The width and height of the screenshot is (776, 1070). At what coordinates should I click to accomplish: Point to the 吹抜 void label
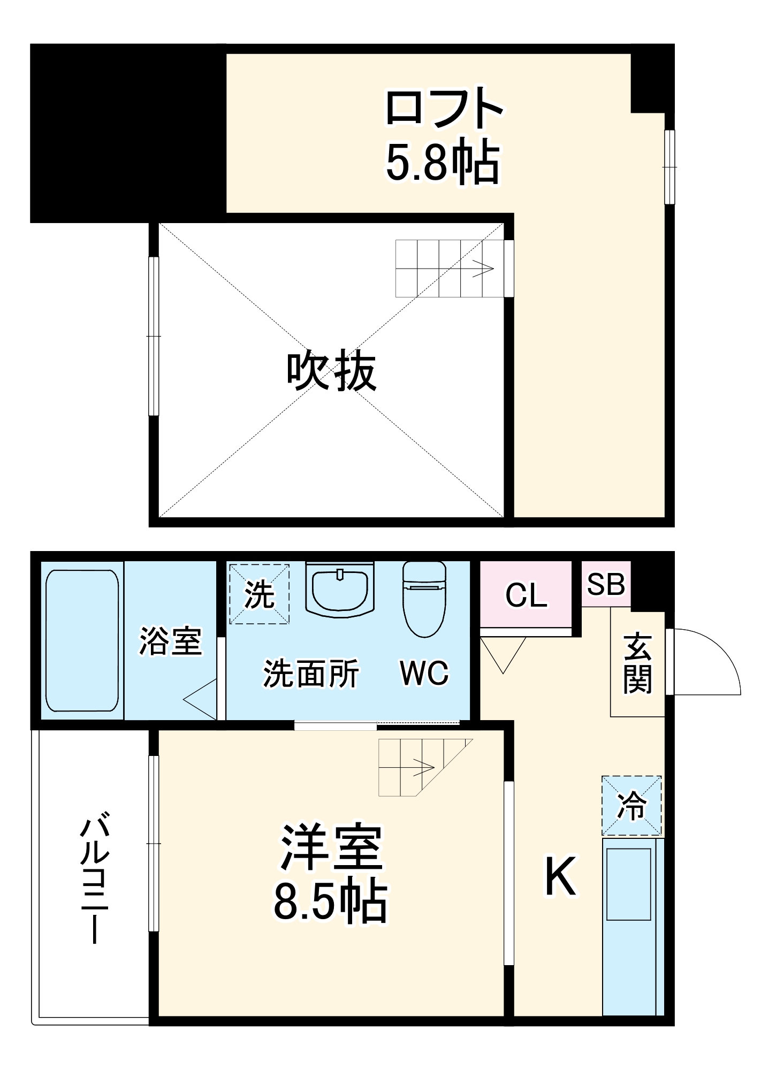(331, 371)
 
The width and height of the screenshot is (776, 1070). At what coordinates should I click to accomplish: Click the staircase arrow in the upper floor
(482, 269)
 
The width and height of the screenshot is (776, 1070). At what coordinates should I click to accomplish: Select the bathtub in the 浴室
(82, 640)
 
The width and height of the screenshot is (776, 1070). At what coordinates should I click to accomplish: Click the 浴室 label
(170, 640)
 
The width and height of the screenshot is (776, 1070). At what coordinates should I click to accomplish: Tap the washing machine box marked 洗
(260, 594)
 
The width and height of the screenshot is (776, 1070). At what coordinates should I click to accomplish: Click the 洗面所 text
(311, 674)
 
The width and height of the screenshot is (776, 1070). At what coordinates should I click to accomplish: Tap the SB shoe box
(606, 584)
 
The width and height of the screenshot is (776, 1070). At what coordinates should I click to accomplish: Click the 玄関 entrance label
(637, 663)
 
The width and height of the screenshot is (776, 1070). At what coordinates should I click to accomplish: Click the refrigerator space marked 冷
(632, 806)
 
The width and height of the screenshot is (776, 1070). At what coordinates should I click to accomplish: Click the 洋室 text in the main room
(331, 848)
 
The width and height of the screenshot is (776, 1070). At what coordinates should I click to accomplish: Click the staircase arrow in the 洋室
(423, 768)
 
